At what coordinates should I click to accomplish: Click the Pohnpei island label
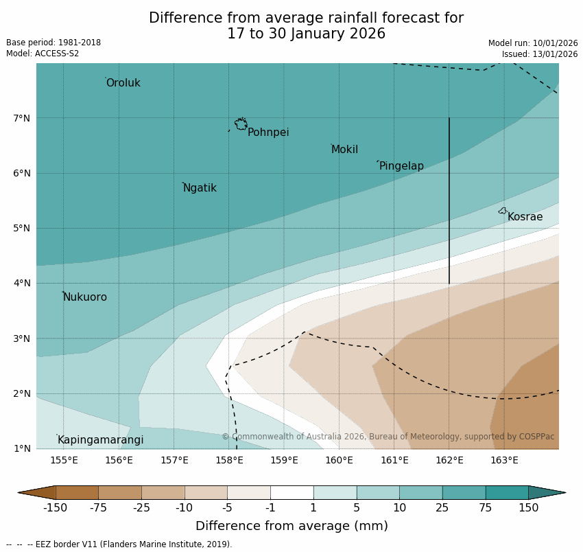click(x=268, y=133)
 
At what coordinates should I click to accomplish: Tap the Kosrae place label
click(x=525, y=217)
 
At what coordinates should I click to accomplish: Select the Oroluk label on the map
click(x=123, y=83)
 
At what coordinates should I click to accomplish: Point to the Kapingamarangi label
click(x=100, y=440)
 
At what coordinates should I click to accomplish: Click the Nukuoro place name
click(x=85, y=297)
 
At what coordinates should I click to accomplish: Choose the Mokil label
click(x=344, y=150)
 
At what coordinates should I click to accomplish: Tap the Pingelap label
click(x=401, y=166)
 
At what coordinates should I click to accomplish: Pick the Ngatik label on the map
click(x=200, y=188)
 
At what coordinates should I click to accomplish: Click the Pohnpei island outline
click(x=241, y=124)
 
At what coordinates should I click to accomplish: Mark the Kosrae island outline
click(x=503, y=211)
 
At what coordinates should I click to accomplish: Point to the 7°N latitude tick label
click(x=21, y=118)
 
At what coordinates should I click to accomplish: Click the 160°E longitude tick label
click(x=339, y=460)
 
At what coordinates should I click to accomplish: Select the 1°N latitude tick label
click(x=21, y=448)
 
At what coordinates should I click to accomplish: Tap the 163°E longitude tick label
click(x=504, y=460)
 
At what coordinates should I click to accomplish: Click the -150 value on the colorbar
click(x=55, y=508)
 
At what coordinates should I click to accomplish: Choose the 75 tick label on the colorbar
click(x=486, y=508)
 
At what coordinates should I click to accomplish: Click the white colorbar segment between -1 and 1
click(x=291, y=492)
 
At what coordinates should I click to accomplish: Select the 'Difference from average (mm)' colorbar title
click(x=291, y=527)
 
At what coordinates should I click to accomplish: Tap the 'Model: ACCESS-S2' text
click(x=43, y=54)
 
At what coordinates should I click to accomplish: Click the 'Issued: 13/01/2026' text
click(x=540, y=54)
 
